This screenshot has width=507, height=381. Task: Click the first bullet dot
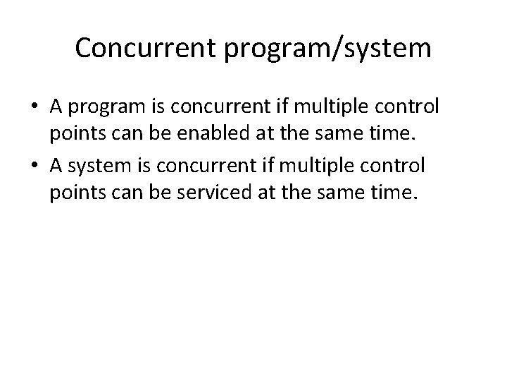click(x=35, y=108)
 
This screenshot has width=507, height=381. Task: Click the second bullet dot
click(x=35, y=167)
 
